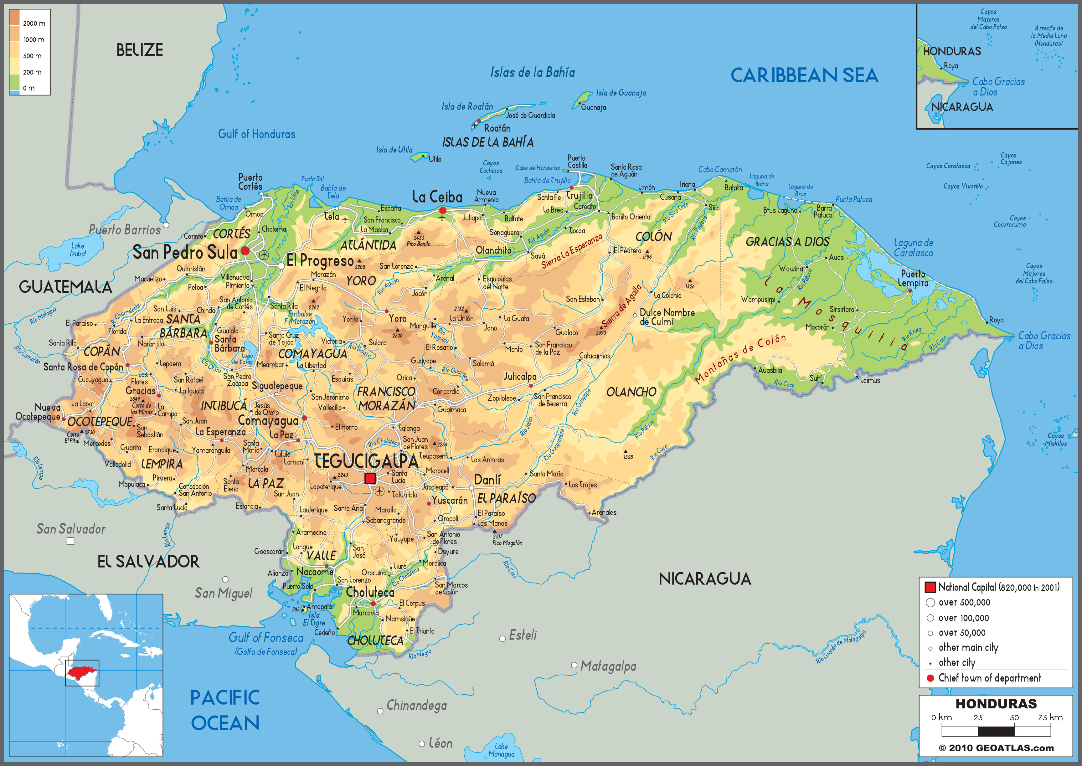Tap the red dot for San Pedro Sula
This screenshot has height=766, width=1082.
pos(245,251)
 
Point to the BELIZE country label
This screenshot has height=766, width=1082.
pos(140,50)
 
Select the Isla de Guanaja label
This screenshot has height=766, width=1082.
pos(621,93)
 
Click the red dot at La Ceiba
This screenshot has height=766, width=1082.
pos(442,210)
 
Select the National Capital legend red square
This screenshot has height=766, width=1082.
pos(930,587)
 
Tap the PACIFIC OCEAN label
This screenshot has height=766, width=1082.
pos(225,710)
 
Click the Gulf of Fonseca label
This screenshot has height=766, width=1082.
pos(266,638)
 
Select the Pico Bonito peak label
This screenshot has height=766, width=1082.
pos(418,244)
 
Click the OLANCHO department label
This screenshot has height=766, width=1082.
pos(631,392)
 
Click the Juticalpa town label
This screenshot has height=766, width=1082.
pos(520,376)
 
